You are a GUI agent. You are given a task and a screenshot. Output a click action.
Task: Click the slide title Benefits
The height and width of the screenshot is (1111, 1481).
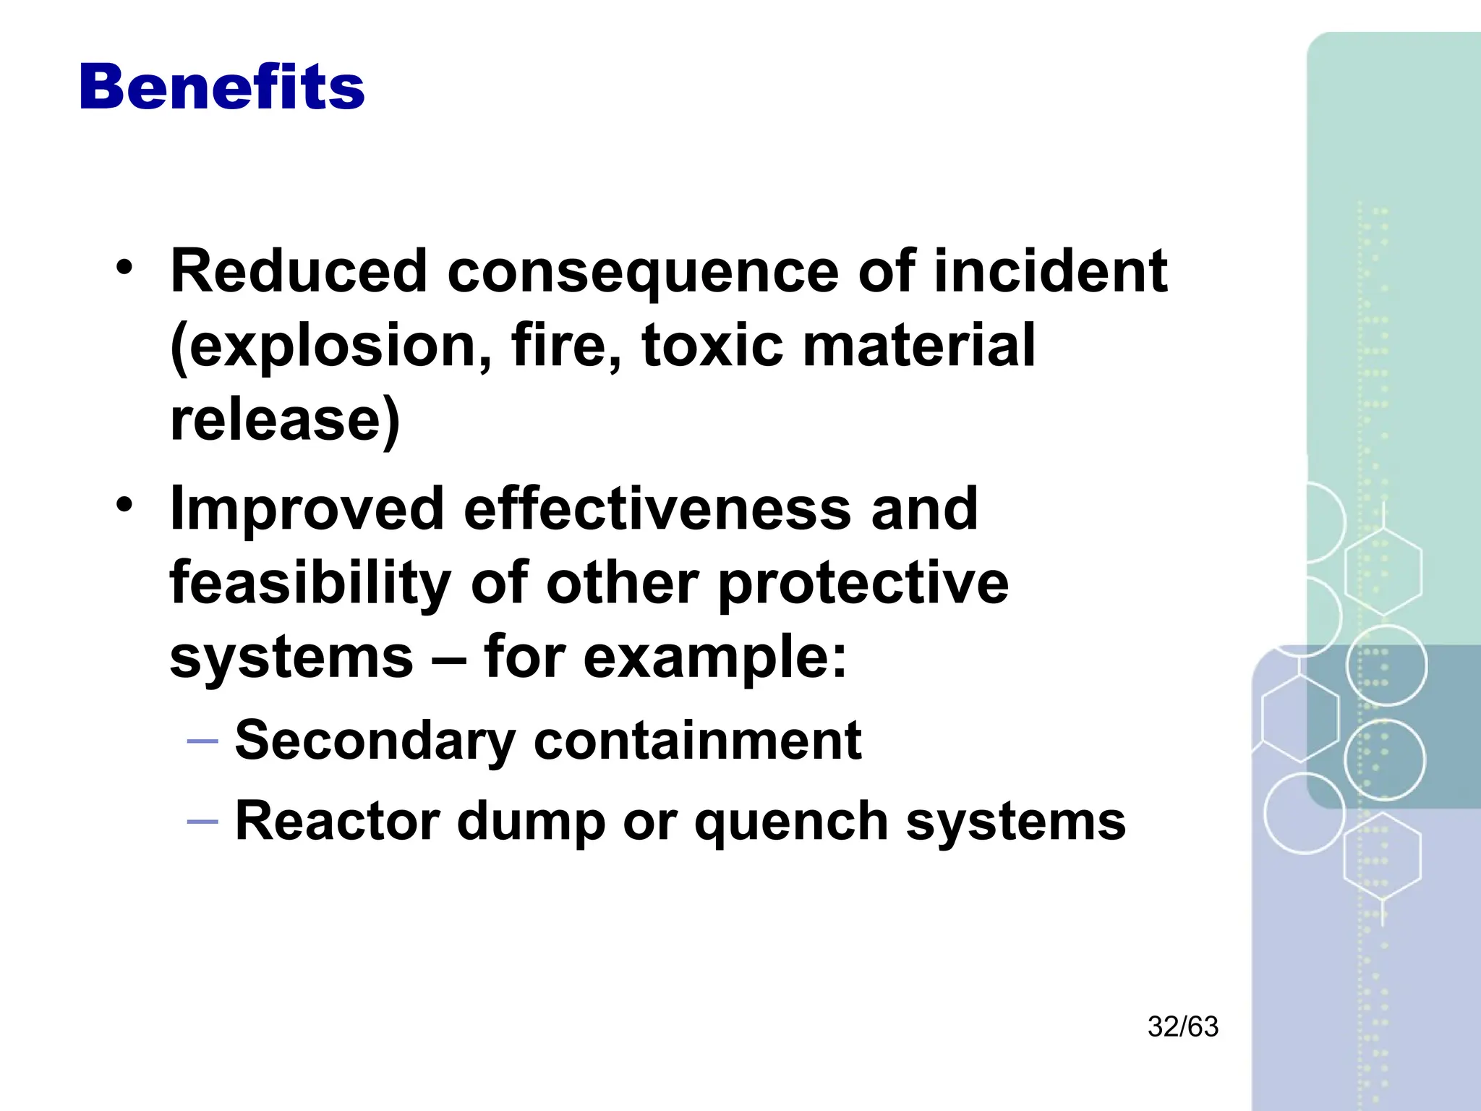coord(222,88)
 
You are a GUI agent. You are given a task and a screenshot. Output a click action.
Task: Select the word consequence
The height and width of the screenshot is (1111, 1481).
coord(643,273)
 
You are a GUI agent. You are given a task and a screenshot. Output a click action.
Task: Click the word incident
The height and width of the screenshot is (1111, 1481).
coord(1050,271)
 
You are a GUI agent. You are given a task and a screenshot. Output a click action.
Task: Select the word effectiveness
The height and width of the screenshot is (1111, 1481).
coord(657,508)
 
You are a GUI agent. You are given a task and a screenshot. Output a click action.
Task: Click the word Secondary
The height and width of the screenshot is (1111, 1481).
coord(375,741)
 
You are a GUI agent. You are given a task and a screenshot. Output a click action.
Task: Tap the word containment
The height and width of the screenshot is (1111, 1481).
coord(698,740)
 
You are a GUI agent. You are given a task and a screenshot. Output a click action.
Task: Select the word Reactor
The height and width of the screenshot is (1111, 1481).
coord(338,821)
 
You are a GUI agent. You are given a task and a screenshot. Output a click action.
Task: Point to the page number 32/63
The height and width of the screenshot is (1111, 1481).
coord(1183,1026)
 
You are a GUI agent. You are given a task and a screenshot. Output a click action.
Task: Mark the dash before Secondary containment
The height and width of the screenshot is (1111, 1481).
coord(202,741)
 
